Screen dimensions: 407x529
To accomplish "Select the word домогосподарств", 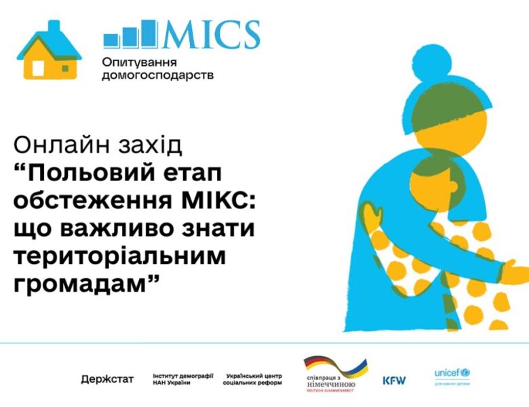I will click(x=157, y=75).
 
